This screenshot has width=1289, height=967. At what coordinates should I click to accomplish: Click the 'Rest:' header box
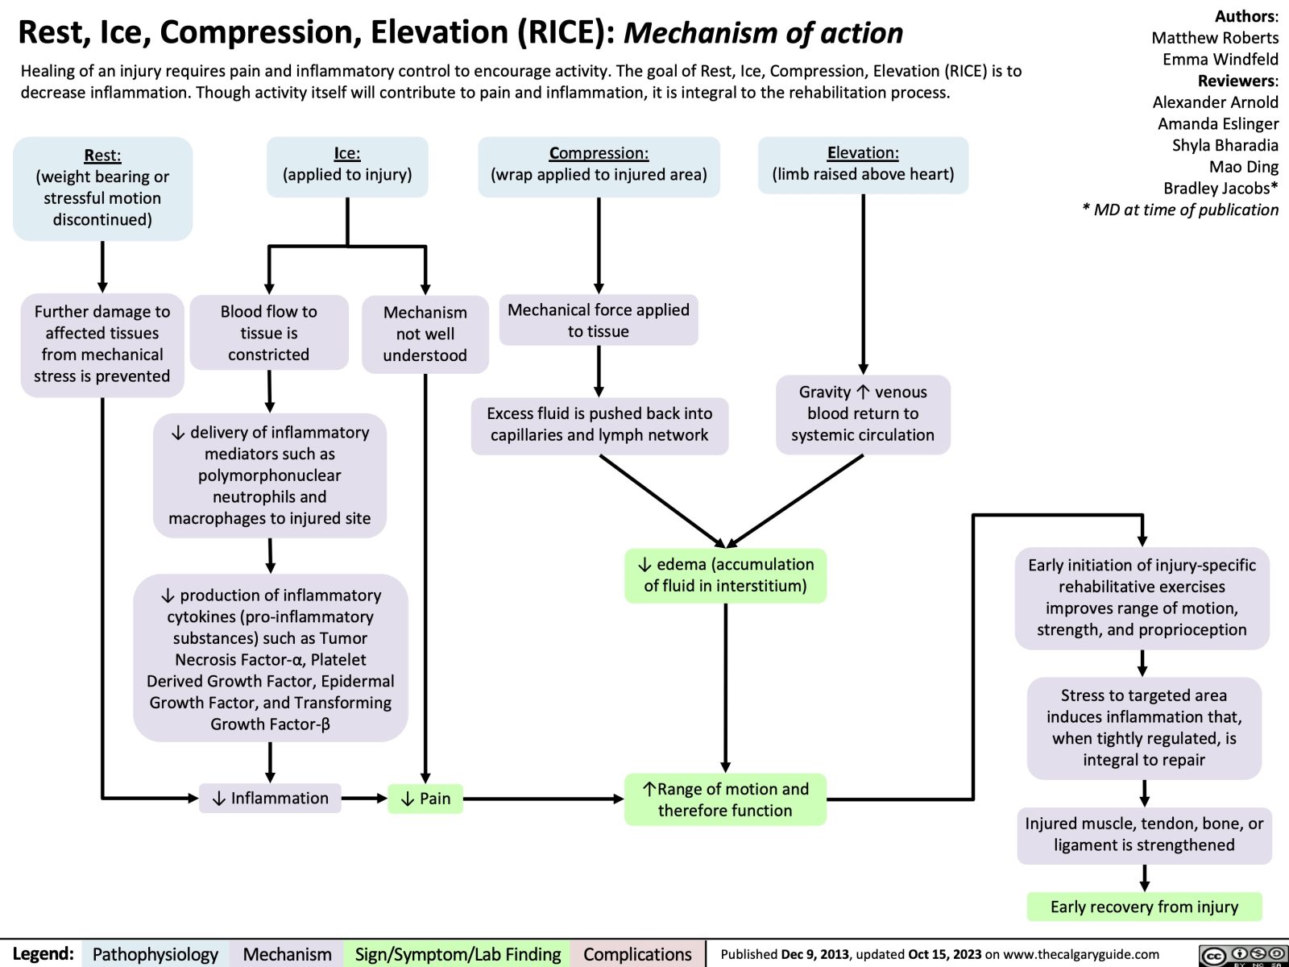[x=102, y=188]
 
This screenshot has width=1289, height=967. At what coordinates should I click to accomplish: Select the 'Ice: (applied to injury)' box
[x=347, y=165]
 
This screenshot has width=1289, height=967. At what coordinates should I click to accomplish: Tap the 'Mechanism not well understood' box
[x=425, y=334]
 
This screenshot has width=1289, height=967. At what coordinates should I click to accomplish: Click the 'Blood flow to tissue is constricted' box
[x=268, y=333]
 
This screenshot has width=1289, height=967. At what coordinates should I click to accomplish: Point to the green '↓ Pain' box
[x=425, y=798]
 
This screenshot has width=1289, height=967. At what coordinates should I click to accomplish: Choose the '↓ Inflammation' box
[x=270, y=798]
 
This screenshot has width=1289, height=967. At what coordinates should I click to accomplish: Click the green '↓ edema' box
[x=725, y=575]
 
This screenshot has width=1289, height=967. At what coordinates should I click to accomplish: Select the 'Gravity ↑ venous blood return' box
[x=863, y=413]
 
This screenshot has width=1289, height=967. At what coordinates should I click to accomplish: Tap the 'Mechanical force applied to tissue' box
[x=599, y=321]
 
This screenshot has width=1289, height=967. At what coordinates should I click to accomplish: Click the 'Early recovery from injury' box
[x=1144, y=907]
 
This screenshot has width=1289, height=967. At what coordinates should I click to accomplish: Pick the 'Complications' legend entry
[x=636, y=954]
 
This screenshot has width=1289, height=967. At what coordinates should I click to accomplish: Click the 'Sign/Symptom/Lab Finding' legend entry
[x=458, y=954]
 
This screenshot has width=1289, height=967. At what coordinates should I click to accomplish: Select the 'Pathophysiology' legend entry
[x=155, y=954]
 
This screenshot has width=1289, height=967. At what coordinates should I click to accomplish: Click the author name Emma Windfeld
[x=1220, y=59]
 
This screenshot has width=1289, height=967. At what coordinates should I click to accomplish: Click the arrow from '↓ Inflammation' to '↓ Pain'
[x=364, y=799]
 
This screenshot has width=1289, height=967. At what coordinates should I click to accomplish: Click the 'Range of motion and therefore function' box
[x=725, y=799]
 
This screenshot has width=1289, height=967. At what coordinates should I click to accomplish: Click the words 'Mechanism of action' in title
[x=763, y=33]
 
